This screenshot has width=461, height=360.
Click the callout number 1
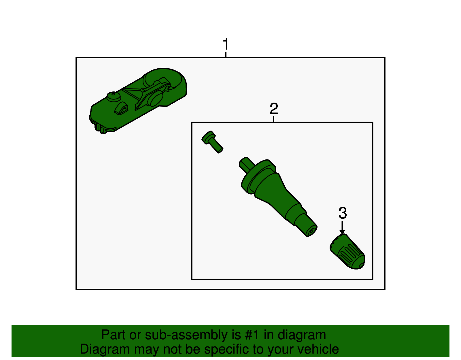226,44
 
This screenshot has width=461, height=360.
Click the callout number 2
274,109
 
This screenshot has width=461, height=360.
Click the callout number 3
343,213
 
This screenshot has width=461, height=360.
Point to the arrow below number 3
342,228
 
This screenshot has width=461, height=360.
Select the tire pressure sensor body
138,100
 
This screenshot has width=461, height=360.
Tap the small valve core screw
212,142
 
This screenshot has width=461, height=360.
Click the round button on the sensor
114,97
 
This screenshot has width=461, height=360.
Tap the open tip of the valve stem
311,231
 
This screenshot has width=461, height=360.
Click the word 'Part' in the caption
114,335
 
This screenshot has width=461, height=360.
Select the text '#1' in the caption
252,335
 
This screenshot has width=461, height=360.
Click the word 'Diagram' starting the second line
105,350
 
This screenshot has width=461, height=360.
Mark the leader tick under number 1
226,54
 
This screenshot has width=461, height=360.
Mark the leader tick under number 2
274,119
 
